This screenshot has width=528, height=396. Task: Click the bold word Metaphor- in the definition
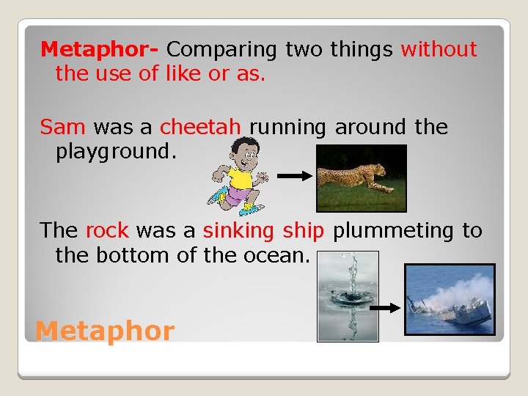point(100,50)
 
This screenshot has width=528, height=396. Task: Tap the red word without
point(439,50)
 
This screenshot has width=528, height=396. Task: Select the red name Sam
point(63,128)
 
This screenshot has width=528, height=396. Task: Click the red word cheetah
point(200,128)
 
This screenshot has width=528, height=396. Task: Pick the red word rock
point(107,231)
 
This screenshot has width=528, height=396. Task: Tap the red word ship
point(303,231)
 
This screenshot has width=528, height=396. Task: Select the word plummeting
point(394,231)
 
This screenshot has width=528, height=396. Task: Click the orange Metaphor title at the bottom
point(105,331)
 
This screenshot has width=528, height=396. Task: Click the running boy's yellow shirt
point(238,177)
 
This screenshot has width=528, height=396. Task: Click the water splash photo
point(347,296)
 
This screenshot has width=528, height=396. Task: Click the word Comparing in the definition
point(222,50)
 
